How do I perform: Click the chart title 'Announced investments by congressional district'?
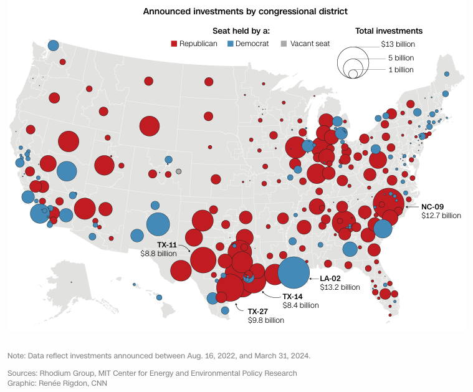point(236,11)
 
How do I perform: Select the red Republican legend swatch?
point(174,44)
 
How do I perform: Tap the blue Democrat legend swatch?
point(230,44)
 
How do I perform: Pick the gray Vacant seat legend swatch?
point(284,44)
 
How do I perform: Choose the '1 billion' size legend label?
point(401,70)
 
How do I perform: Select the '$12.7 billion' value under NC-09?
point(441,216)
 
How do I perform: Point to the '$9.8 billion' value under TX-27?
point(265,320)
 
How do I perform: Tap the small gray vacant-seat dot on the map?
point(178,171)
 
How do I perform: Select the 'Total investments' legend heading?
point(389,31)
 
